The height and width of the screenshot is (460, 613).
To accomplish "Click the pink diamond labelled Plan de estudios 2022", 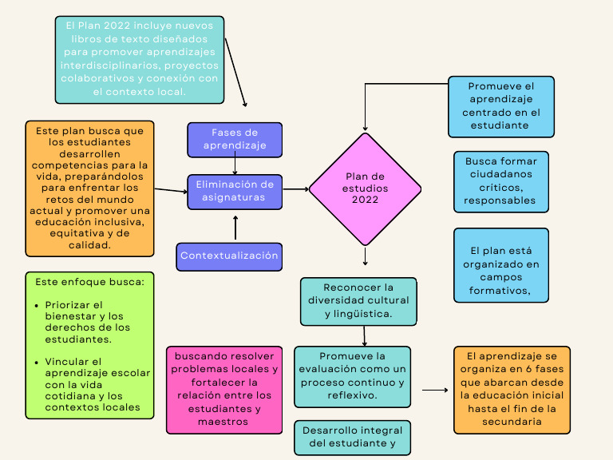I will [365, 188].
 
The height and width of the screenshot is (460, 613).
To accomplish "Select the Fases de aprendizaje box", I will [235, 140].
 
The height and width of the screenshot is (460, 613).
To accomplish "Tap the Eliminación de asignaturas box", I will [235, 192].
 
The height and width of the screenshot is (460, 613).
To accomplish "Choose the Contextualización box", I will [229, 256].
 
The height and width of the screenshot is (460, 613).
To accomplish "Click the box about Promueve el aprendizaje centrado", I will [500, 106].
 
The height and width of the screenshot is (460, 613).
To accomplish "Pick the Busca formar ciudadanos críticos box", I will [500, 181].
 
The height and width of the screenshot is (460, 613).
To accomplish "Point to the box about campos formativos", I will [500, 265].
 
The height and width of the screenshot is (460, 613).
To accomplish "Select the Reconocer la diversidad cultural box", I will [358, 301].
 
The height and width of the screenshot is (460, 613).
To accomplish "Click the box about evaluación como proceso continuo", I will [352, 375].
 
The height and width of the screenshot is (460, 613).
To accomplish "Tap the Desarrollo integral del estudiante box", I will [352, 438].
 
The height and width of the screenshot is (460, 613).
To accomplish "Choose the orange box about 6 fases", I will [512, 389].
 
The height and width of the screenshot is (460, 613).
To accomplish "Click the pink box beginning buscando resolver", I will [224, 389].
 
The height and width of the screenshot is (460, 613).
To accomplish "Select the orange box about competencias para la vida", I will [89, 188].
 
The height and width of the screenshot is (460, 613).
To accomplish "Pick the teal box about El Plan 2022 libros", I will [140, 60].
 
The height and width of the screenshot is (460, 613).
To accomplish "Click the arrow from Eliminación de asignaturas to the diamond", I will [295, 189].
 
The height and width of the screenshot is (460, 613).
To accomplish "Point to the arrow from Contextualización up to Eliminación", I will [235, 228].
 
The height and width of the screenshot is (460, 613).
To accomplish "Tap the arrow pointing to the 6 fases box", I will [435, 391].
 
